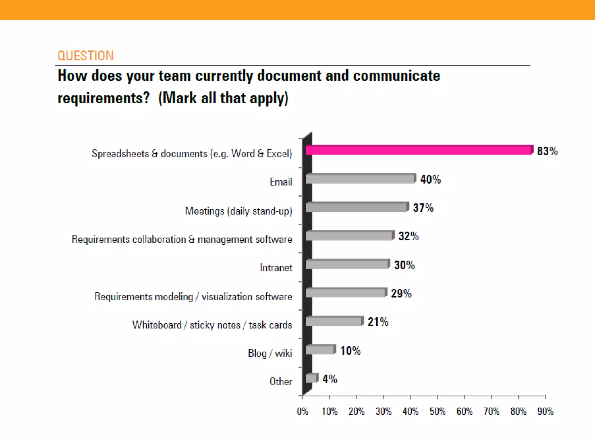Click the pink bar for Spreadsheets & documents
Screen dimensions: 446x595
click(418, 150)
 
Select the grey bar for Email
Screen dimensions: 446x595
click(360, 179)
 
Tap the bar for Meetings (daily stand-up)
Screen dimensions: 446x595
click(357, 207)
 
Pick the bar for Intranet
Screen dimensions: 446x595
click(347, 265)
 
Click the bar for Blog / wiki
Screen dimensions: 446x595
click(320, 350)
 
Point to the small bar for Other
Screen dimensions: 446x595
click(311, 378)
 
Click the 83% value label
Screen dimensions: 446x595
click(547, 151)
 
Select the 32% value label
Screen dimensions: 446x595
click(408, 236)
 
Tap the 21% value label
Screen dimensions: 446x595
click(378, 322)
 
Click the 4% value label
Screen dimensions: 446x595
click(330, 379)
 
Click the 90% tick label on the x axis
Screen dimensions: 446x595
click(545, 411)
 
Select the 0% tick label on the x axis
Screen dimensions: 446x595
click(302, 411)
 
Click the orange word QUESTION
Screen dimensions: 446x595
click(85, 55)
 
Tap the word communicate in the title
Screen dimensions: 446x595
click(397, 75)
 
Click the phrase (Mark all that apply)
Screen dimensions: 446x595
click(223, 98)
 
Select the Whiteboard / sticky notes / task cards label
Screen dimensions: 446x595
click(212, 325)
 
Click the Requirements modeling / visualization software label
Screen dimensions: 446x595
click(193, 296)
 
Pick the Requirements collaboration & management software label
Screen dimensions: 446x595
click(182, 239)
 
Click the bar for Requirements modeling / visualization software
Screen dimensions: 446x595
click(346, 293)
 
